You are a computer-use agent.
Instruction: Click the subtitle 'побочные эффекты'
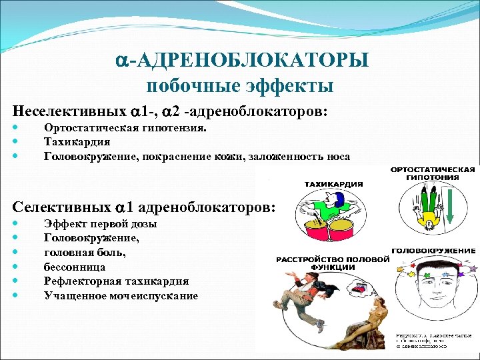click(239, 85)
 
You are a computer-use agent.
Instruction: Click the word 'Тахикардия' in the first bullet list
click(77, 142)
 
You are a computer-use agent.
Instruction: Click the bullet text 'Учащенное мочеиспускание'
click(121, 295)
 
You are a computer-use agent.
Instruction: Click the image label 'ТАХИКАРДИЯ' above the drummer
click(333, 184)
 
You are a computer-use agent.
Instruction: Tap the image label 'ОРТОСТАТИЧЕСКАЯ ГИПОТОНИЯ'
click(434, 173)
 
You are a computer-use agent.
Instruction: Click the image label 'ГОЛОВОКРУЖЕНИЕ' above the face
click(433, 251)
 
